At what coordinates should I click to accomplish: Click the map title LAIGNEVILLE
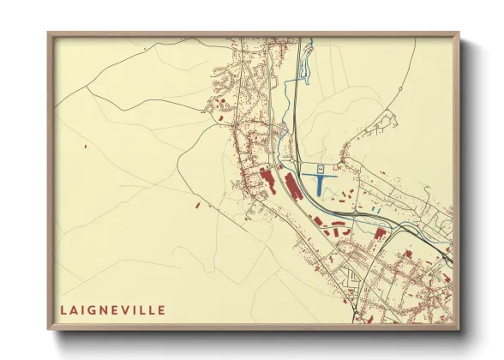(x=112, y=309)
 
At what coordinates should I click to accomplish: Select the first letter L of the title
(x=63, y=309)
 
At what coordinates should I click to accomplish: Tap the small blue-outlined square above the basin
(x=321, y=169)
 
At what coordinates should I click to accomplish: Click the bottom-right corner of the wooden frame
(x=459, y=329)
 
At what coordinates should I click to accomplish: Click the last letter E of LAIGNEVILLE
(x=162, y=309)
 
